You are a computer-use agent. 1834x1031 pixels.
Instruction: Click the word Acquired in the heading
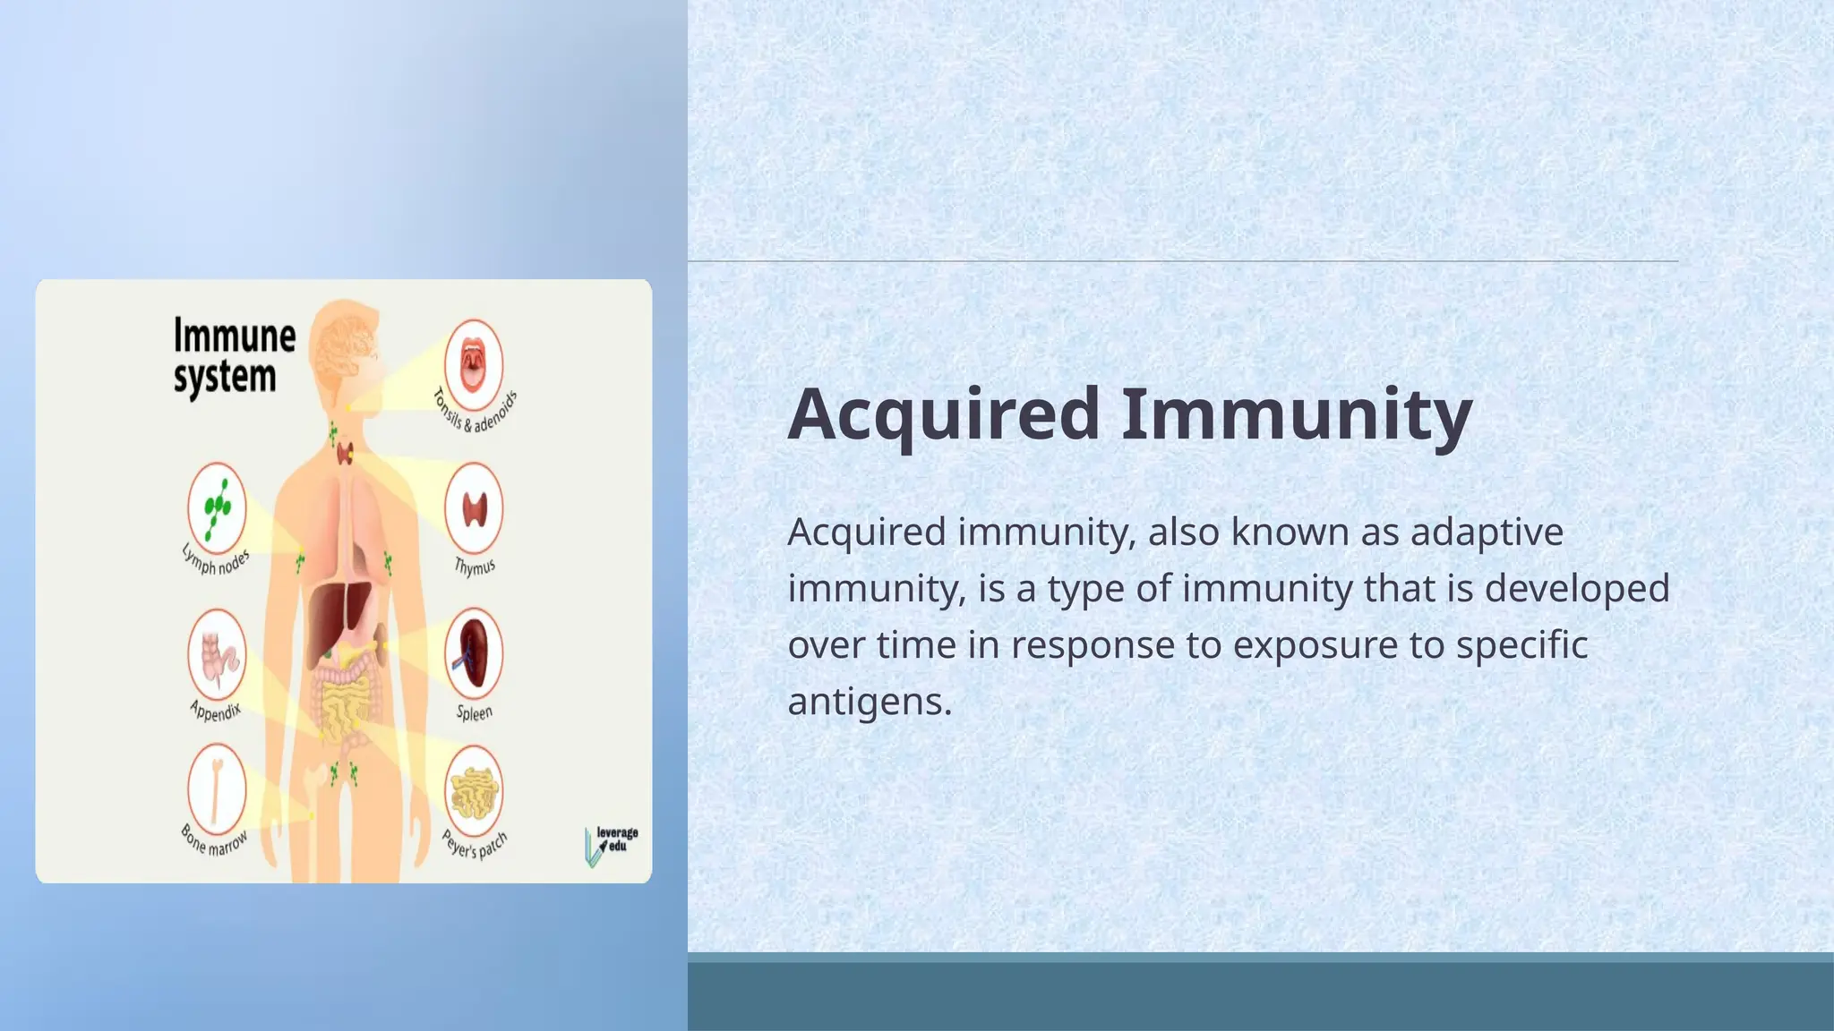943,414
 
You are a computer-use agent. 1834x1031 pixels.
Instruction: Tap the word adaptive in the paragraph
1487,533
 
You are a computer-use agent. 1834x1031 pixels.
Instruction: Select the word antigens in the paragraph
869,702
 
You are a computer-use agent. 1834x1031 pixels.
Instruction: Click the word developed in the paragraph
1577,589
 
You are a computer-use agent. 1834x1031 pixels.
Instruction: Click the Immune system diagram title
233,355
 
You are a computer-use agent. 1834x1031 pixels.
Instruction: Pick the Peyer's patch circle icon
474,791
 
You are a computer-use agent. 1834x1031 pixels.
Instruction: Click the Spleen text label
474,713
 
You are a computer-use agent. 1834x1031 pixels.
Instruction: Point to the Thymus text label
474,567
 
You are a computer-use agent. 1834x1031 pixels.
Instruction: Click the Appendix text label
216,711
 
